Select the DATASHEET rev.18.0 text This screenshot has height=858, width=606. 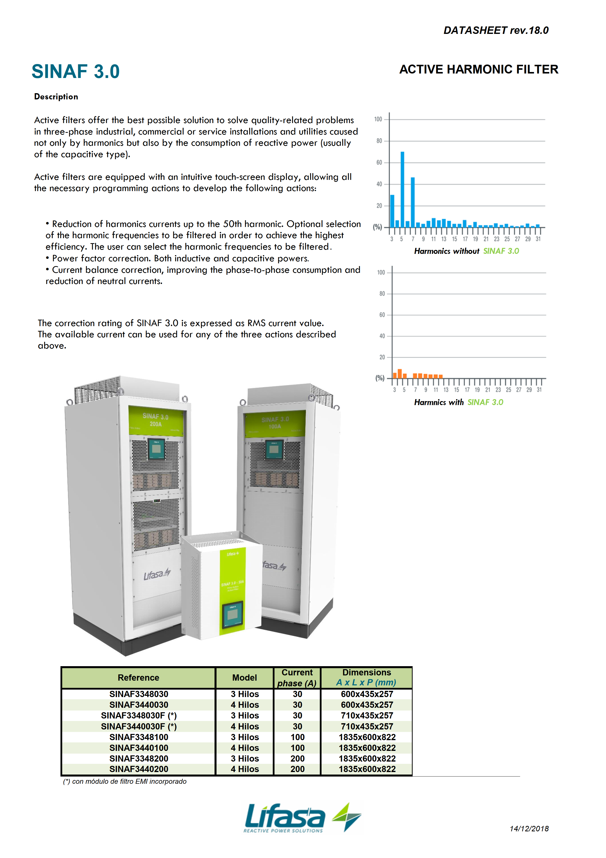(496, 30)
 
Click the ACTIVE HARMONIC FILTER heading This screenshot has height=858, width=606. (479, 70)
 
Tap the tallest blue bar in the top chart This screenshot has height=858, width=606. (402, 189)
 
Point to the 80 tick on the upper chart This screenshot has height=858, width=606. (379, 141)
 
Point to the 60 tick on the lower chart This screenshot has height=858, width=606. (382, 315)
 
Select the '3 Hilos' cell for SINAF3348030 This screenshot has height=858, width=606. (245, 694)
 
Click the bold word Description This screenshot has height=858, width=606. (56, 97)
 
